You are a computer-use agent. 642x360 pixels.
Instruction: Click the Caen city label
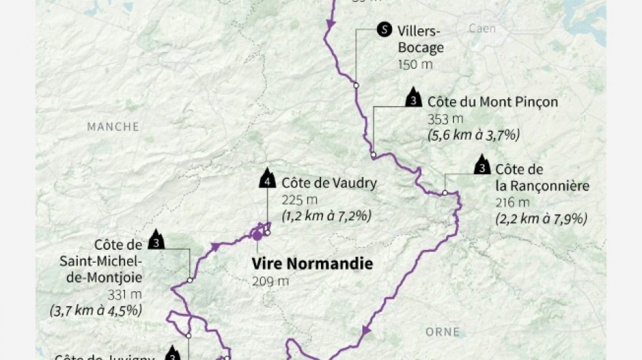(x=483, y=28)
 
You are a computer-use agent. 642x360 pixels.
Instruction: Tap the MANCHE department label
(x=113, y=126)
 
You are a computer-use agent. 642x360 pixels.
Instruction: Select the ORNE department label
(x=443, y=332)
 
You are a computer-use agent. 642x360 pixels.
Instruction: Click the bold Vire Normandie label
(x=312, y=263)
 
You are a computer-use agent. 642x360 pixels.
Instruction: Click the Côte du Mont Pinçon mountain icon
(x=412, y=99)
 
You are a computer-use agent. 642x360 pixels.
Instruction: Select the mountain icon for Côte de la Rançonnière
(x=482, y=165)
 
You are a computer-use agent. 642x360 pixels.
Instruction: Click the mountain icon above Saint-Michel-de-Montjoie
(x=157, y=240)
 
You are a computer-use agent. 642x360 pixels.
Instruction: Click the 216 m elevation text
(x=508, y=203)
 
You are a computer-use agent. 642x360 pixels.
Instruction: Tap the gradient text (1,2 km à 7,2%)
(x=327, y=216)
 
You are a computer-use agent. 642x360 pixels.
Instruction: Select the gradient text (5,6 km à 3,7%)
(x=473, y=134)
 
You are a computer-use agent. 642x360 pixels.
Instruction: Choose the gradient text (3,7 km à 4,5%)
(x=95, y=311)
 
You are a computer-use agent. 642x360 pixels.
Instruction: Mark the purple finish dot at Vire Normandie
(x=257, y=236)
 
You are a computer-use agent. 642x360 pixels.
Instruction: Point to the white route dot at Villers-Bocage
(x=355, y=85)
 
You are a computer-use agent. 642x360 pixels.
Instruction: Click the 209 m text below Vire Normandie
(x=270, y=281)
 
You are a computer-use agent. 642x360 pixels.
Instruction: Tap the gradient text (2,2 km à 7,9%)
(x=541, y=219)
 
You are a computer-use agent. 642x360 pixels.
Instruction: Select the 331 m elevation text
(x=124, y=294)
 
